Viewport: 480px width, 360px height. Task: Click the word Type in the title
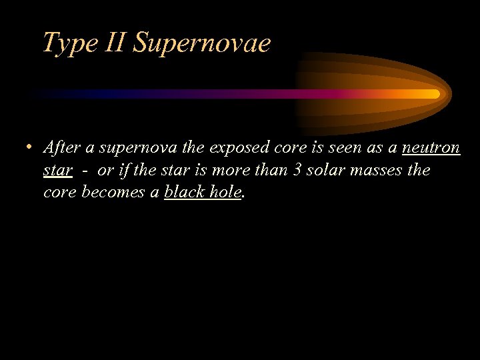(x=64, y=43)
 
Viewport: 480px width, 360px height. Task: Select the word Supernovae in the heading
(x=201, y=43)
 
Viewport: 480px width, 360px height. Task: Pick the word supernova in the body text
(x=130, y=147)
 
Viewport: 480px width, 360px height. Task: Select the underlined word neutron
(x=431, y=147)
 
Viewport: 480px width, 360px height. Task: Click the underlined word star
(x=57, y=170)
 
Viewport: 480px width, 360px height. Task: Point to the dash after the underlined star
(x=85, y=171)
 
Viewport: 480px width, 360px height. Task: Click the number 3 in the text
(x=298, y=170)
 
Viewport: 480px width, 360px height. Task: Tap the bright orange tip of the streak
(x=432, y=94)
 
